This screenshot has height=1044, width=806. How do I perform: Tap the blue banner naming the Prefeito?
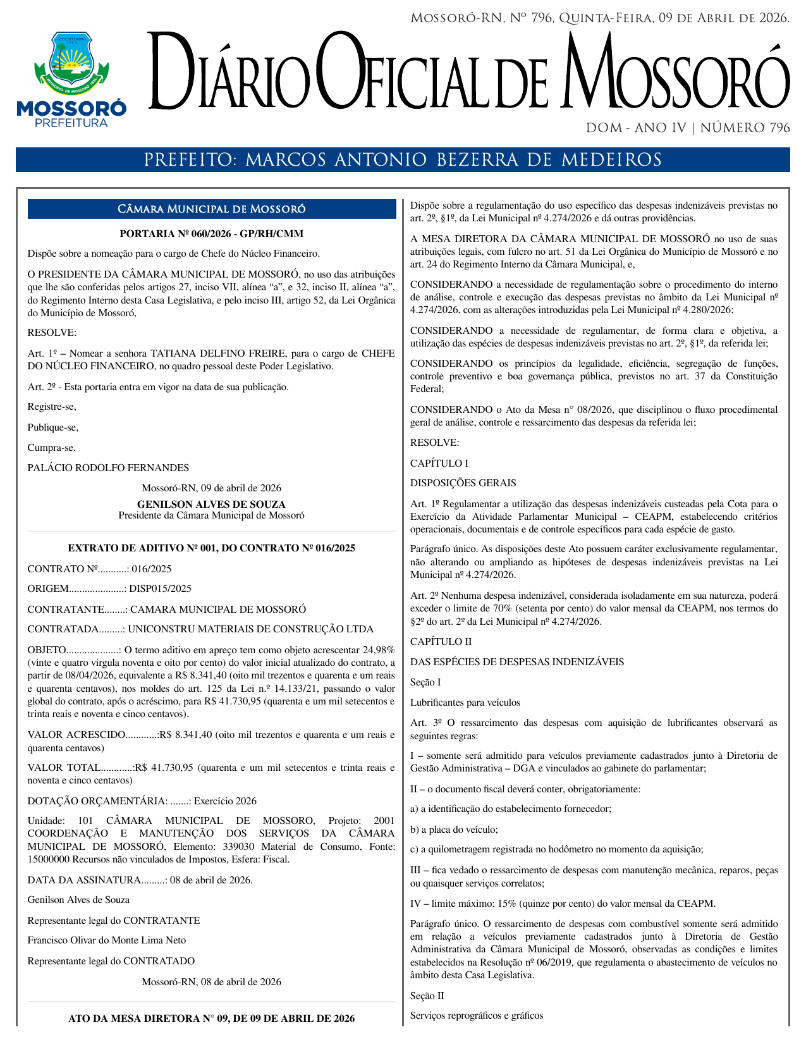(x=403, y=159)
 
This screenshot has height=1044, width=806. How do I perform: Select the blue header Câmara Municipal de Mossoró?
(x=212, y=209)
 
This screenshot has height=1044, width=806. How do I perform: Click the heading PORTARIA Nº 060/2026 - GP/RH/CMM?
(x=212, y=234)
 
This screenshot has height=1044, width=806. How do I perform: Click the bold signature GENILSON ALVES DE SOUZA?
(x=211, y=505)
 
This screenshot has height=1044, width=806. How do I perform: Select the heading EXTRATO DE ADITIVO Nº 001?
(x=212, y=548)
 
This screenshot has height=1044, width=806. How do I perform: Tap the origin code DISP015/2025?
(x=160, y=589)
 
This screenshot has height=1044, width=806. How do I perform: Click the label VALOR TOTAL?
(x=64, y=768)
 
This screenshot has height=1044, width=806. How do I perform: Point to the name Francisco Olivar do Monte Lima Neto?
(x=107, y=940)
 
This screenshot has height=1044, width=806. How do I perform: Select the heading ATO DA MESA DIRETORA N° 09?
(x=212, y=1019)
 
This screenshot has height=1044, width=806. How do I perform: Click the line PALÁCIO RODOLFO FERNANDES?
(x=108, y=468)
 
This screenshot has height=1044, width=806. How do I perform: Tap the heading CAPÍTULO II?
(x=441, y=642)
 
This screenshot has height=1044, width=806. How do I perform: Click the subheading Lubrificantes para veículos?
(x=465, y=703)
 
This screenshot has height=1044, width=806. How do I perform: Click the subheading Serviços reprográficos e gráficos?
(x=476, y=1016)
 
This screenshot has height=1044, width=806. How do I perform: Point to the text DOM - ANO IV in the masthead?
(x=637, y=128)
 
